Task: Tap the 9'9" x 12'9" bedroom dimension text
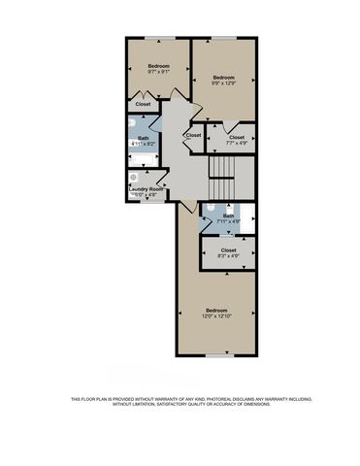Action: [x=224, y=83]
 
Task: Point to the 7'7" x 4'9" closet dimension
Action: [x=237, y=144]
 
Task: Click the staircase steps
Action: [x=224, y=176]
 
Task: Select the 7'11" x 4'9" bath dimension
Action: [x=229, y=222]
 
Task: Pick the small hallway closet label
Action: [x=193, y=135]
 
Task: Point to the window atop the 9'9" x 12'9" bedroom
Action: [x=224, y=38]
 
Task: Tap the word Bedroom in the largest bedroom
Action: [x=216, y=310]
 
